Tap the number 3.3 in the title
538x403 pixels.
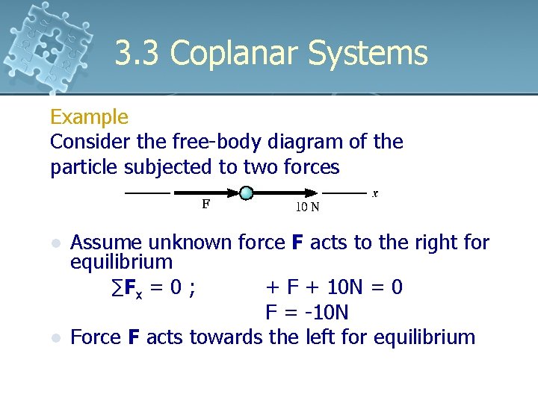138,54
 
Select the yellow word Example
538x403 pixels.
89,117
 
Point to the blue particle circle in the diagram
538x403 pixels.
247,193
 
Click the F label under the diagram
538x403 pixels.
205,203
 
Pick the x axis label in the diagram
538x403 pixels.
374,193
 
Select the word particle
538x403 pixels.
81,167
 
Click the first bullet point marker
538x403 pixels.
54,244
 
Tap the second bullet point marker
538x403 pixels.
54,338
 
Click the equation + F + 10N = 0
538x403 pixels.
334,287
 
